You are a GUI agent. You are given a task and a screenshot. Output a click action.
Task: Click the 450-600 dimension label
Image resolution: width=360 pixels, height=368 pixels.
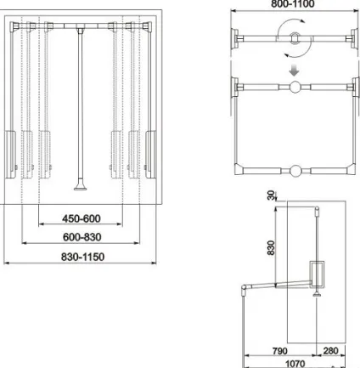(82, 218)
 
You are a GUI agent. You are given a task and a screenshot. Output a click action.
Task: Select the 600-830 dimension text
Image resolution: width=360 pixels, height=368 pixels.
(82, 237)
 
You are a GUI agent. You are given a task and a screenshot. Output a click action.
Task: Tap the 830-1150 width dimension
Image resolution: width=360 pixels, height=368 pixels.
(83, 257)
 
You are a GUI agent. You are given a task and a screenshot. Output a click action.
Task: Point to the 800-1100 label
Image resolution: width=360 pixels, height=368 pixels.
(293, 4)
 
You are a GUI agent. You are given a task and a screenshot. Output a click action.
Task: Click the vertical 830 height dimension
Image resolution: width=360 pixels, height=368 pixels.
(271, 248)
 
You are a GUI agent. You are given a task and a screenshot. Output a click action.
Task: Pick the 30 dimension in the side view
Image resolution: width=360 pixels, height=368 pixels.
(271, 195)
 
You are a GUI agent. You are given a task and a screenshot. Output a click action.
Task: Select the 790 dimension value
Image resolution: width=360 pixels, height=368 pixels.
(280, 351)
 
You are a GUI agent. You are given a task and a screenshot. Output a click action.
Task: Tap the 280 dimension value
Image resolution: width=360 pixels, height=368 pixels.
(330, 351)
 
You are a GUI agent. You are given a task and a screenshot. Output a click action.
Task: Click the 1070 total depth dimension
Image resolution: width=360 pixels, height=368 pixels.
(295, 364)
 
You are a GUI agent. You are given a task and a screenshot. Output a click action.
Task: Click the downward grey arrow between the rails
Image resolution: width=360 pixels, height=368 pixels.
(295, 71)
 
